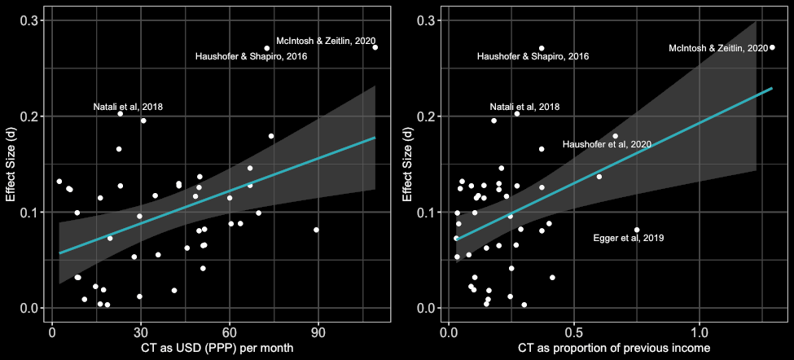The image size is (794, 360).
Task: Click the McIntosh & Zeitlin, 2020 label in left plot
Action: pyautogui.click(x=326, y=41)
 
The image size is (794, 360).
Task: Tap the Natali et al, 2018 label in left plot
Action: pyautogui.click(x=128, y=107)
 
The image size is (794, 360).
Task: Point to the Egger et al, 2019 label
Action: pyautogui.click(x=629, y=238)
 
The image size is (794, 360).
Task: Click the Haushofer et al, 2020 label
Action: pyautogui.click(x=607, y=144)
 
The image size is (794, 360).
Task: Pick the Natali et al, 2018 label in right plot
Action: pyautogui.click(x=524, y=107)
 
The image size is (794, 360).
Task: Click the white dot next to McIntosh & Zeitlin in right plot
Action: pyautogui.click(x=772, y=47)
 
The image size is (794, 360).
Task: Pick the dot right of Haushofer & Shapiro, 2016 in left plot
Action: pyautogui.click(x=266, y=48)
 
